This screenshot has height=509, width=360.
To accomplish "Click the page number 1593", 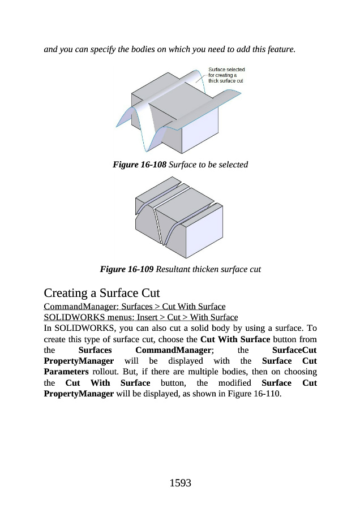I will [x=180, y=483].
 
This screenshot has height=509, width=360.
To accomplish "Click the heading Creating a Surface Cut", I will [x=102, y=294].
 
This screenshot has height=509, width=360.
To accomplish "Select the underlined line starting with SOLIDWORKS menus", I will [x=140, y=317].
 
